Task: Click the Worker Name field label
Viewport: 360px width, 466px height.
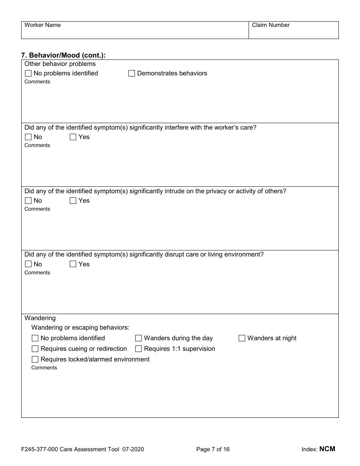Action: (x=42, y=25)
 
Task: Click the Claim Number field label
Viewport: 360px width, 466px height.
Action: (x=271, y=25)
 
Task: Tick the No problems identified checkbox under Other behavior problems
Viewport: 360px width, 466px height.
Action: (x=28, y=73)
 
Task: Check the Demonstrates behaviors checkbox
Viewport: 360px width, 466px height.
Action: (x=132, y=73)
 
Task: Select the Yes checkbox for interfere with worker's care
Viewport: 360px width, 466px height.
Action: (x=73, y=137)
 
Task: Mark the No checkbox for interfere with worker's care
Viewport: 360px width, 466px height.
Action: (x=28, y=137)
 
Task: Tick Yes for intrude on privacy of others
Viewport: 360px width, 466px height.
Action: (x=73, y=201)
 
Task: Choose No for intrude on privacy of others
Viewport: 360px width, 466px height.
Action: (x=28, y=201)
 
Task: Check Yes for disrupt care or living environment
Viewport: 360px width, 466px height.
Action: (x=73, y=264)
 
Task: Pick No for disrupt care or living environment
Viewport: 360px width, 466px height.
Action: (x=28, y=264)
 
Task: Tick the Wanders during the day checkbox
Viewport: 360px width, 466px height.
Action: (x=139, y=338)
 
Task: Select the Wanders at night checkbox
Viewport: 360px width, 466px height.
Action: (x=242, y=338)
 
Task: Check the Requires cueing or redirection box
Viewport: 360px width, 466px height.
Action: (x=35, y=349)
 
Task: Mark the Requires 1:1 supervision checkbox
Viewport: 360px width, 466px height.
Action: (x=139, y=349)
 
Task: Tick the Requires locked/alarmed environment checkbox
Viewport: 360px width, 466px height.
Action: (x=35, y=360)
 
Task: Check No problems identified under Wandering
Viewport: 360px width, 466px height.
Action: (x=35, y=338)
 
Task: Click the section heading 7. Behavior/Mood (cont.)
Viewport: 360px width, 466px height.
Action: (x=63, y=55)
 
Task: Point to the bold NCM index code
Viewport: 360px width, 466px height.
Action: (x=327, y=449)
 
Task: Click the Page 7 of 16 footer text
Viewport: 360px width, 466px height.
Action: (x=213, y=449)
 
